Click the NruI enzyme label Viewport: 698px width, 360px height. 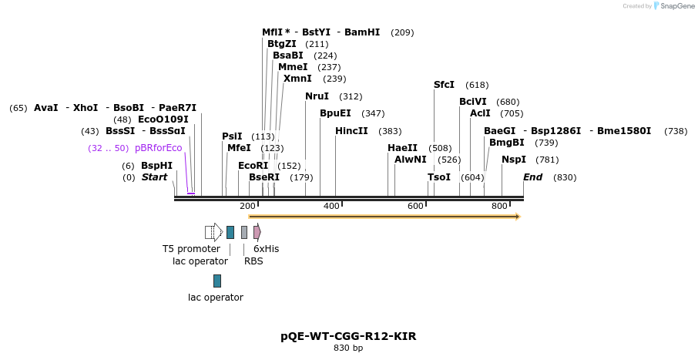click(317, 96)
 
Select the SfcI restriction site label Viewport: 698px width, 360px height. click(444, 85)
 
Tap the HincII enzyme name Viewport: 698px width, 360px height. click(351, 131)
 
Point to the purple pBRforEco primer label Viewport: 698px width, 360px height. click(158, 148)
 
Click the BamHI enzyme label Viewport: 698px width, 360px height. click(362, 32)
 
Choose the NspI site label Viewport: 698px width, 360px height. click(514, 160)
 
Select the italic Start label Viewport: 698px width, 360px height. click(154, 177)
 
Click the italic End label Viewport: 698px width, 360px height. click(532, 177)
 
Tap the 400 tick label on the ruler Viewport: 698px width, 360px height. click(331, 206)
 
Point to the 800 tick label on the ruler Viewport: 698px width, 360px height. click(500, 206)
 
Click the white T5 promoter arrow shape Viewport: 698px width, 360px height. click(214, 232)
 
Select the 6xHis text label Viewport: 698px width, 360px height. click(266, 249)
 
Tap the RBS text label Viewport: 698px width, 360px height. click(253, 261)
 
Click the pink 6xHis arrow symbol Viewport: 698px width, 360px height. click(257, 232)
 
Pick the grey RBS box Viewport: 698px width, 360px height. click(244, 232)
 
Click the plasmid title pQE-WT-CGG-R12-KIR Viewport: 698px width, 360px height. click(348, 336)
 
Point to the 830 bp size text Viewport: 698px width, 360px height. click(348, 348)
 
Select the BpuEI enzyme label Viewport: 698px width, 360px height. click(335, 113)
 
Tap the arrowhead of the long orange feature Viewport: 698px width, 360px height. click(517, 217)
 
